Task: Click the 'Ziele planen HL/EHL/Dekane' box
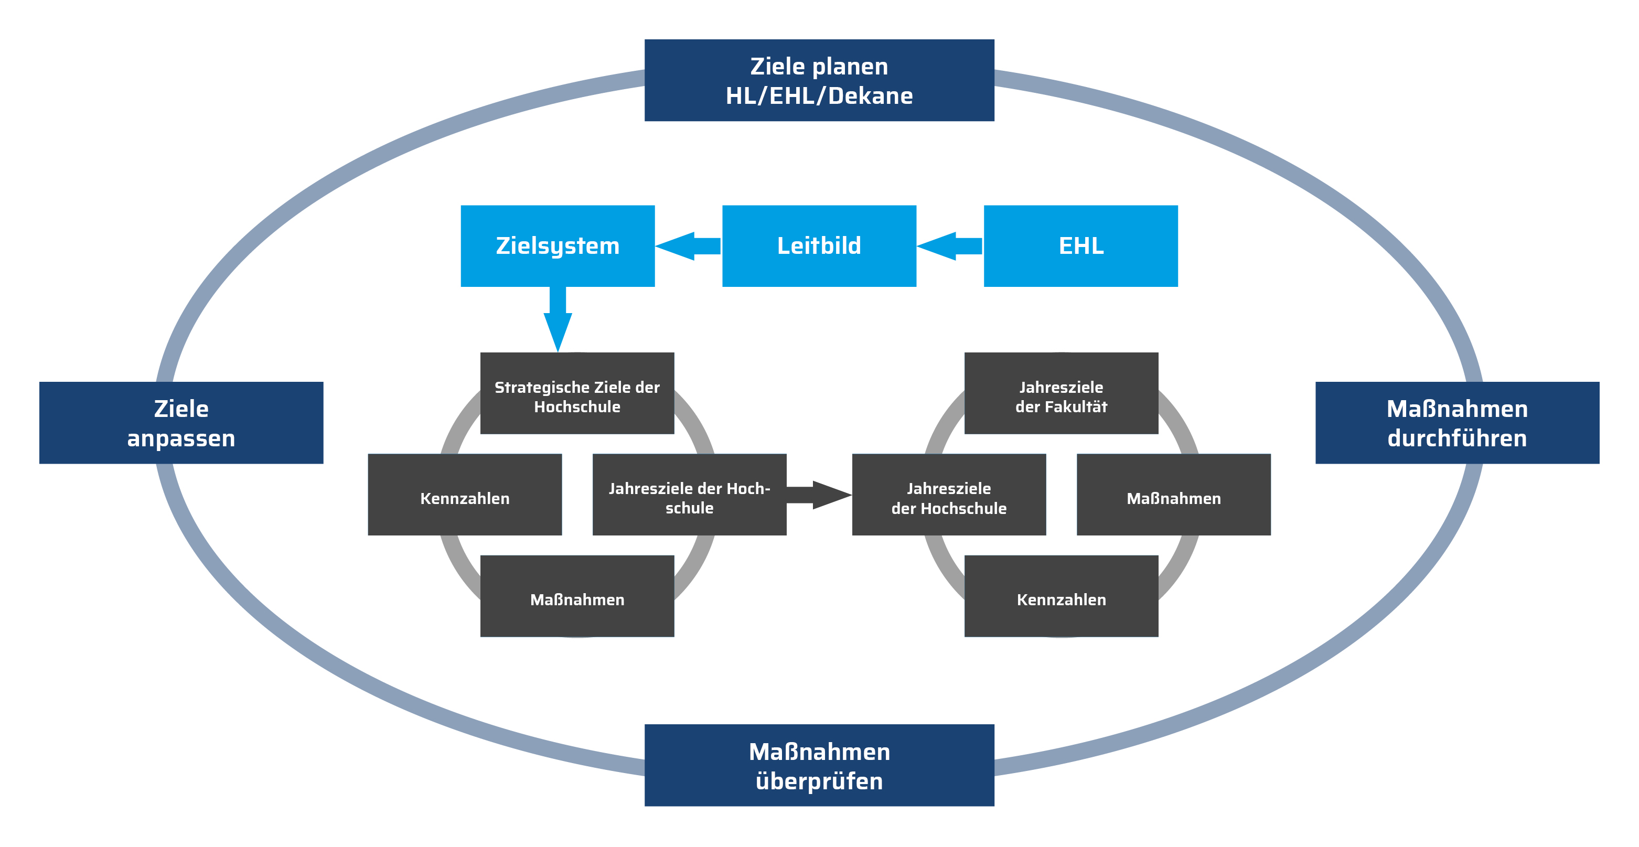click(x=819, y=80)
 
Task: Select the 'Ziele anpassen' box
click(x=181, y=423)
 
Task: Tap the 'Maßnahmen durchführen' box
click(x=1457, y=423)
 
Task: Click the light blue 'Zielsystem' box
click(x=558, y=245)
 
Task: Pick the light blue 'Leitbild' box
click(x=819, y=245)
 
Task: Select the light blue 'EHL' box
click(x=1080, y=245)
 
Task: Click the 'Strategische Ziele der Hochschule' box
click(x=577, y=393)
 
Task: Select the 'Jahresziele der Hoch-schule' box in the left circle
click(x=689, y=495)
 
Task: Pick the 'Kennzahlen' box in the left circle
click(x=465, y=495)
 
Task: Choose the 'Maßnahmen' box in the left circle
click(x=577, y=596)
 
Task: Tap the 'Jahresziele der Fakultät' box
click(x=1061, y=393)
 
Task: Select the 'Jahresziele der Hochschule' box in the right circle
click(x=949, y=495)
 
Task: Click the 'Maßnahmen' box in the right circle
click(x=1173, y=495)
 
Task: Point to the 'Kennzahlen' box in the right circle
click(x=1061, y=596)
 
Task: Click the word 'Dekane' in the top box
click(x=871, y=95)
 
